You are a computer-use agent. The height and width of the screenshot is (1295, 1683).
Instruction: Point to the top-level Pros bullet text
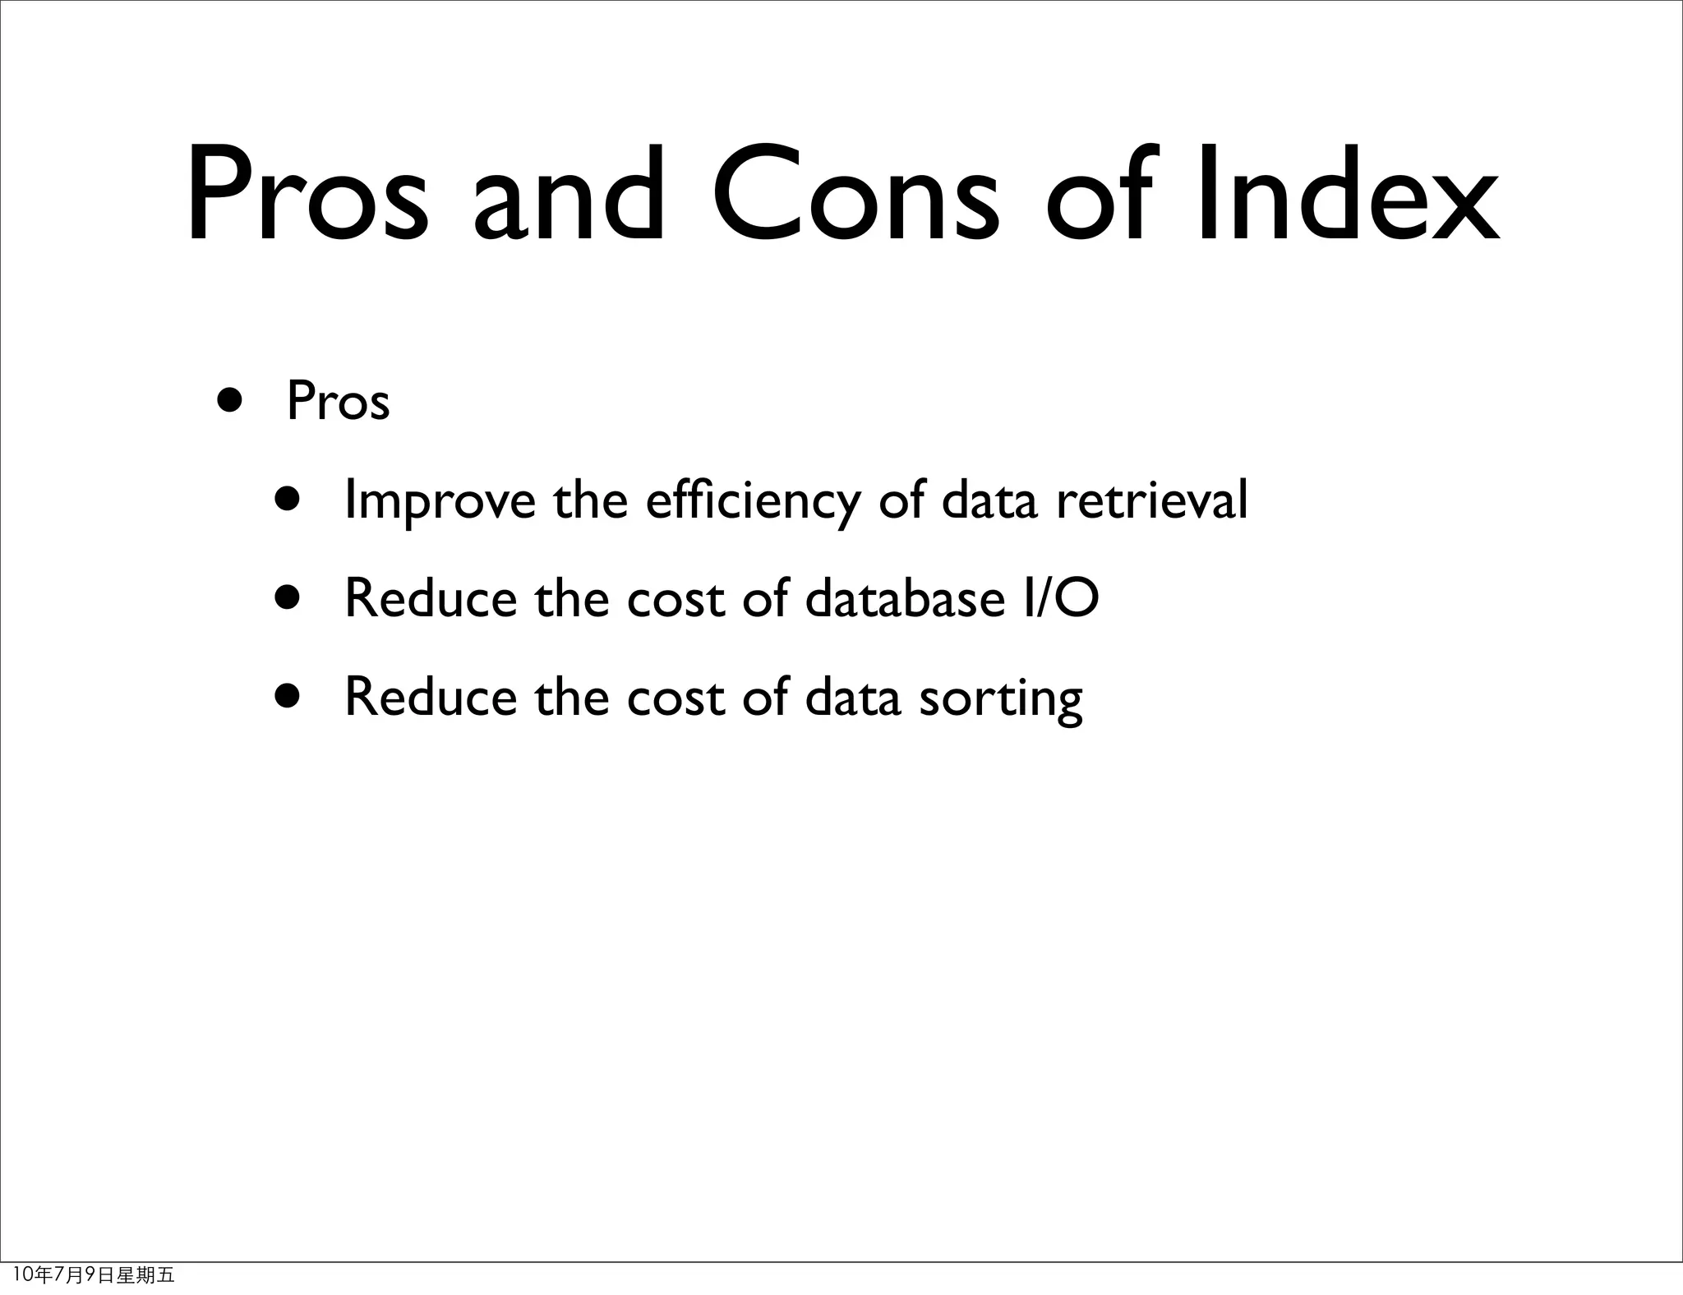click(338, 402)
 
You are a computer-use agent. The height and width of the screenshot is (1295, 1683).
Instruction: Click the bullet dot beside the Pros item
click(230, 402)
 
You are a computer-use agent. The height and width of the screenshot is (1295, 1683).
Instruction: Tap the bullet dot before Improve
click(288, 499)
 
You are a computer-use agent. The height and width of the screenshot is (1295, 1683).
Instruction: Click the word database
click(905, 597)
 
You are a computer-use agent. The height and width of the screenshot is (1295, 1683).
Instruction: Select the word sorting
click(1000, 698)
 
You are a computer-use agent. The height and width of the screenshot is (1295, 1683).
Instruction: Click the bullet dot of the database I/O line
click(288, 597)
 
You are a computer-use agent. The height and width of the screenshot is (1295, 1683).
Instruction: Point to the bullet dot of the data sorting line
click(288, 696)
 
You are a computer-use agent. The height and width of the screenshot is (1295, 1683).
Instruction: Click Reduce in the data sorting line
click(430, 696)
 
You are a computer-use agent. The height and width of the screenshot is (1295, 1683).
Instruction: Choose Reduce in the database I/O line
click(430, 597)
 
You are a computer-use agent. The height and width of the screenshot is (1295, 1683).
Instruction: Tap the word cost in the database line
click(676, 599)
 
